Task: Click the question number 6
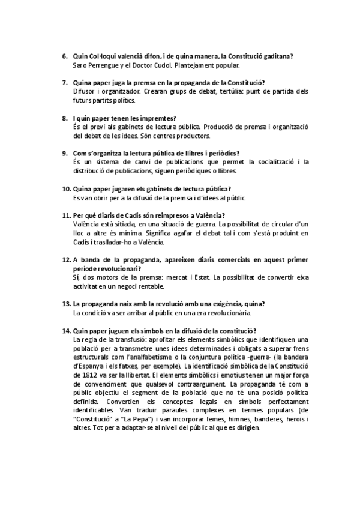(x=64, y=56)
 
